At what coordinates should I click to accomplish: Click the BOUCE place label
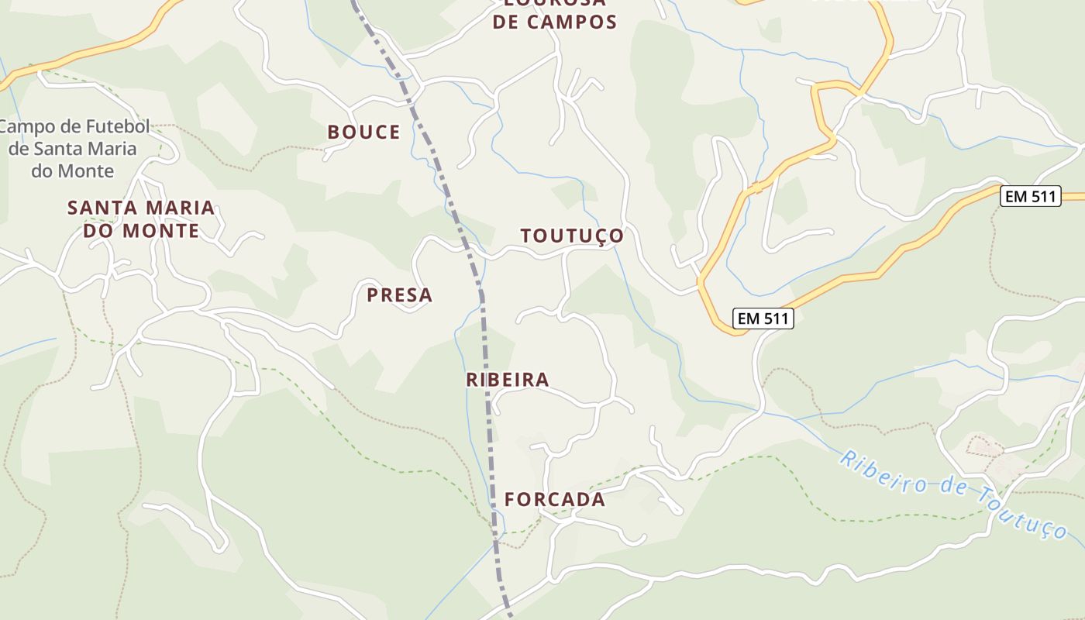click(363, 132)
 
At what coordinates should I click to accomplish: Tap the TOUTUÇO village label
click(572, 236)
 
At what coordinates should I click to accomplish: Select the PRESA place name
click(399, 294)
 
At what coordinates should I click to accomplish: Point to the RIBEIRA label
click(508, 380)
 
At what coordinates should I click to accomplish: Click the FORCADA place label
click(555, 500)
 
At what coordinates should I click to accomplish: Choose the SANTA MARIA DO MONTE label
click(141, 219)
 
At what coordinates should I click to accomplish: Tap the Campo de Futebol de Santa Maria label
click(74, 149)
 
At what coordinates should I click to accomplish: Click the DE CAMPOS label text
click(555, 22)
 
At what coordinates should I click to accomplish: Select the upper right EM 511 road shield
click(1029, 197)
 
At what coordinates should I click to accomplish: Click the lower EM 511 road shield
click(763, 318)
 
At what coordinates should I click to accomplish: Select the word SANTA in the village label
click(96, 208)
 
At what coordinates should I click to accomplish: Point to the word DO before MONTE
click(98, 231)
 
